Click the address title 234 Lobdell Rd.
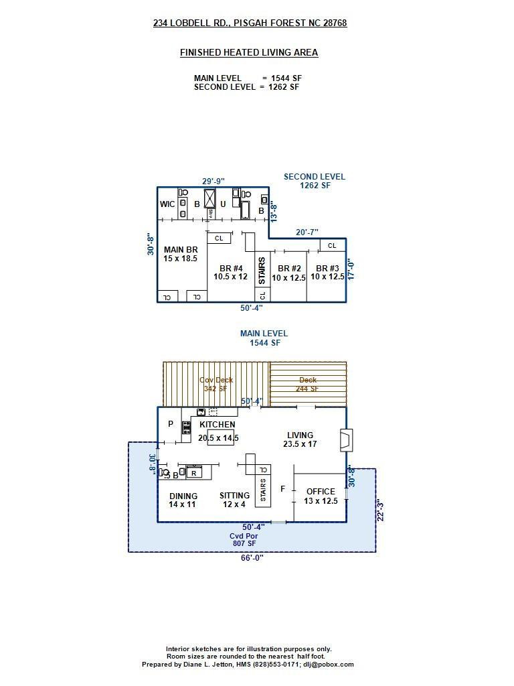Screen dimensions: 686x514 point(250,23)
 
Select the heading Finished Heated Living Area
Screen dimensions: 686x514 point(249,52)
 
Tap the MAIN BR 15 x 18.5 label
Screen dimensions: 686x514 point(181,254)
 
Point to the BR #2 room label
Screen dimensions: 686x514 point(289,273)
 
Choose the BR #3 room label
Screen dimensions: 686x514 point(327,273)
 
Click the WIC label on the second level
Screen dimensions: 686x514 point(167,204)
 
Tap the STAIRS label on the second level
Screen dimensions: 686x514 point(262,271)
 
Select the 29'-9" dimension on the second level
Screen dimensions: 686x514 point(213,181)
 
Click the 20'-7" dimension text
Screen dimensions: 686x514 point(307,232)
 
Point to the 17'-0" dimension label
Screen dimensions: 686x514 point(350,270)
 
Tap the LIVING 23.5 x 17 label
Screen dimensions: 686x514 point(300,439)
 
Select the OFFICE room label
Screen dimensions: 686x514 point(321,496)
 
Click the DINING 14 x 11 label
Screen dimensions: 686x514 point(183,500)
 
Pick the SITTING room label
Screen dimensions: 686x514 point(234,500)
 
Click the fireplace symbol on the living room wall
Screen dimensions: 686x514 point(347,439)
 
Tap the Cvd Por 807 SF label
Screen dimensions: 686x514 point(245,539)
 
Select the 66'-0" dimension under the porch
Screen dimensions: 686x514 point(252,557)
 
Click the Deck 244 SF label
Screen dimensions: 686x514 point(308,384)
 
